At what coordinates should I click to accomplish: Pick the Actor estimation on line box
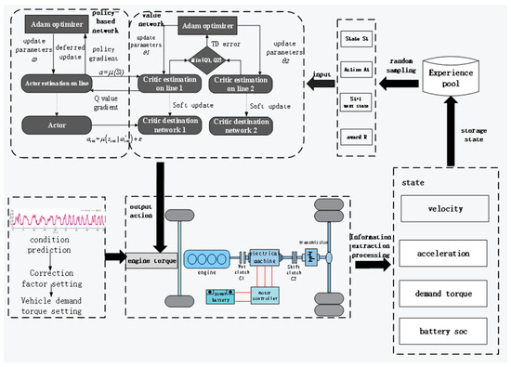(x=58, y=84)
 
